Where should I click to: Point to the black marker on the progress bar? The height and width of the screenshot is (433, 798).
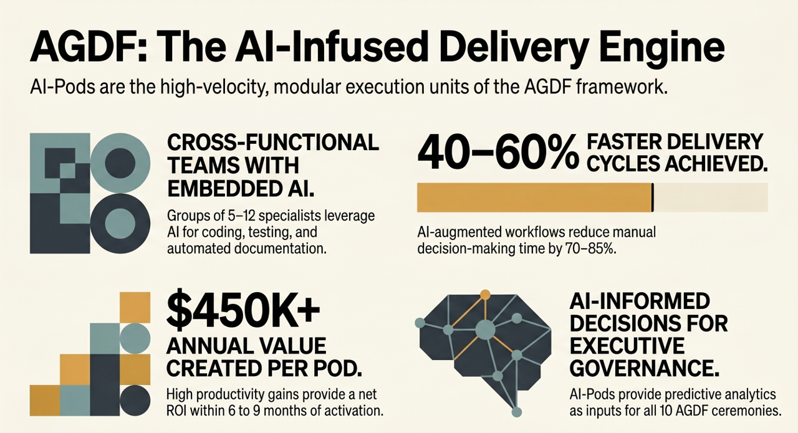pos(652,197)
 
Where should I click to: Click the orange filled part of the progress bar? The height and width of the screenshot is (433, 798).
pos(534,197)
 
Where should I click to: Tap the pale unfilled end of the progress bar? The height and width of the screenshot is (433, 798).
pos(710,197)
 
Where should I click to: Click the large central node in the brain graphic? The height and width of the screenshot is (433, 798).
pos(485,328)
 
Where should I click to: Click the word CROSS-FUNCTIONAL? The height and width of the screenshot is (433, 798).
pos(273,143)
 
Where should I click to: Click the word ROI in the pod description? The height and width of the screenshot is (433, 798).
pos(181,411)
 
